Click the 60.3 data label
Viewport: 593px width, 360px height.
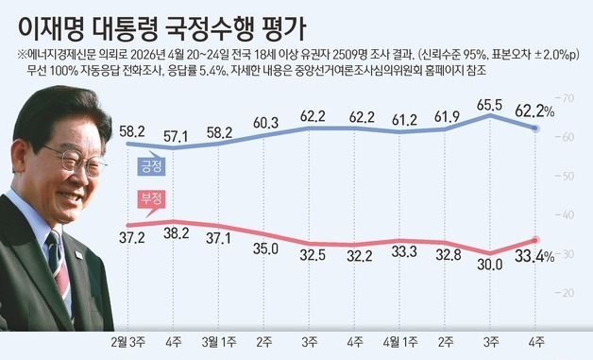265,124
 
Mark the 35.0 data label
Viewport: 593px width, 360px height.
265,249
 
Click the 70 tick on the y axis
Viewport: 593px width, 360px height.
569,98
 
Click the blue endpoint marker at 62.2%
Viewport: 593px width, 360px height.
536,129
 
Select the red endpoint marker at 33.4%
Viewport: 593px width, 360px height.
536,241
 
